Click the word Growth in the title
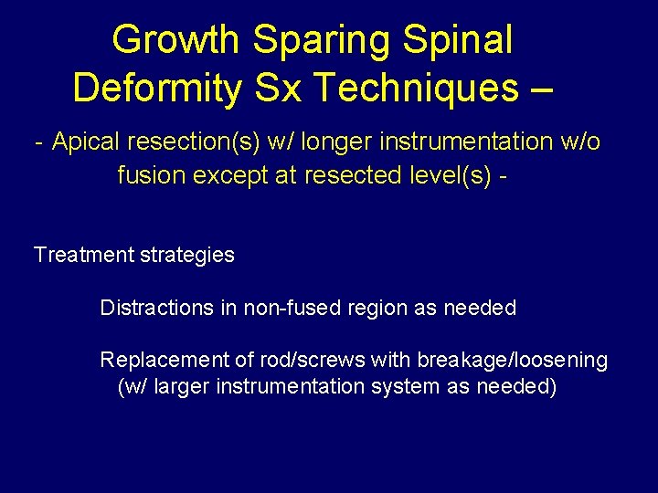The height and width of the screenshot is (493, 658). point(176,40)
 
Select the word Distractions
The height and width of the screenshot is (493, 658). point(156,308)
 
